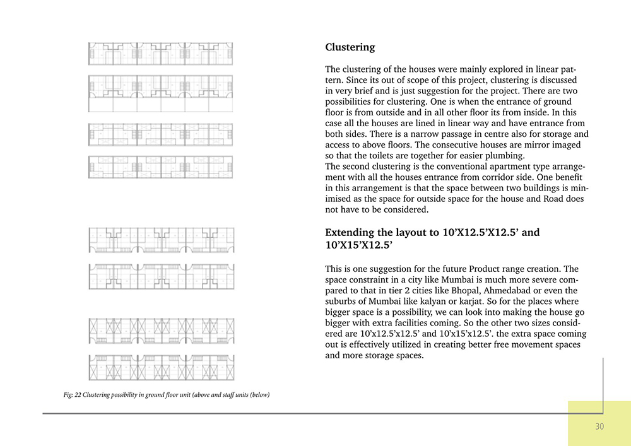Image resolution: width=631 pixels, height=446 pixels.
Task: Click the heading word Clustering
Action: (x=350, y=47)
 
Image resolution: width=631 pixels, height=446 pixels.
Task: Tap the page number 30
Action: (x=599, y=426)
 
